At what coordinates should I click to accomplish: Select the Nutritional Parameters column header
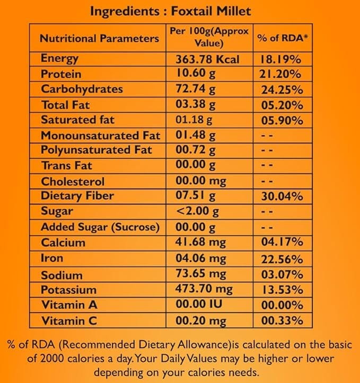100,38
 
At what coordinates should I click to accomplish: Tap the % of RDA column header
282,38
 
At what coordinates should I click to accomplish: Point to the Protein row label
61,74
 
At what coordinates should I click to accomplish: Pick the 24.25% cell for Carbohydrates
282,90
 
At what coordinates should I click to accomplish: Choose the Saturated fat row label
77,120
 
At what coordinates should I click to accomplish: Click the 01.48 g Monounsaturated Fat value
196,135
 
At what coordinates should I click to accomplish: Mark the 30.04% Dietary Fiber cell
282,197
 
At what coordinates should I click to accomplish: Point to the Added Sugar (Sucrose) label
100,227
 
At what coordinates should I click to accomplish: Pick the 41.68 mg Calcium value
200,243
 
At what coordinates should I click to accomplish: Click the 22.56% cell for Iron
282,259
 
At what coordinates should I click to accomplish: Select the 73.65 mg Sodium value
200,275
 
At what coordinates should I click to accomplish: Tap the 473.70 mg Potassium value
204,290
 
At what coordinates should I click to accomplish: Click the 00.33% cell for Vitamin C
282,320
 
